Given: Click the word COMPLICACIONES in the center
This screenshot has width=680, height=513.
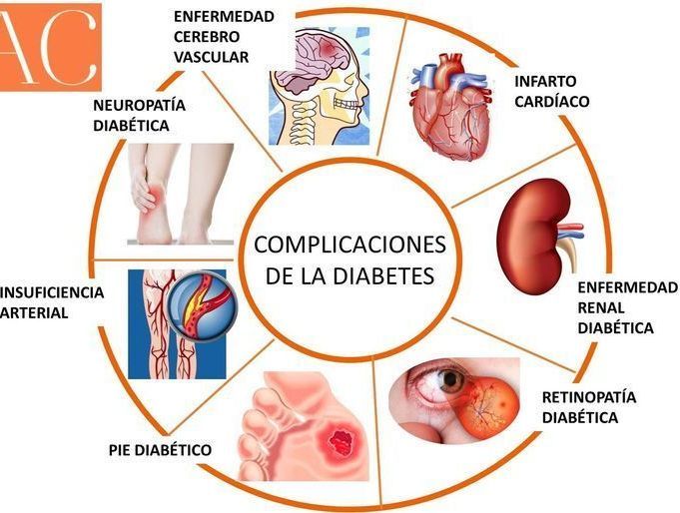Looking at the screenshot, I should (349, 245).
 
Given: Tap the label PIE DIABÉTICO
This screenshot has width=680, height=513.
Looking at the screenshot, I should (160, 450).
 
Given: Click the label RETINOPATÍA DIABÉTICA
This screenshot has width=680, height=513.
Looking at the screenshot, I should (588, 407).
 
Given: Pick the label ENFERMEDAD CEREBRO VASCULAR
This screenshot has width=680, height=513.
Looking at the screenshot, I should (223, 37).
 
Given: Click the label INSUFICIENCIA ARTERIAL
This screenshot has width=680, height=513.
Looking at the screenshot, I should (50, 302).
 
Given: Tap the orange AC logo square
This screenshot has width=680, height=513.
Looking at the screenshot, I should (50, 46).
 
